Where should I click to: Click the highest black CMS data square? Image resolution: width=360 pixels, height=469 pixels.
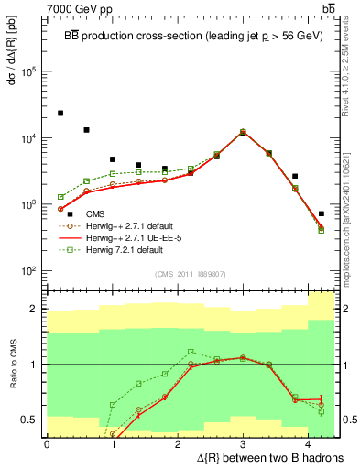(x=60, y=114)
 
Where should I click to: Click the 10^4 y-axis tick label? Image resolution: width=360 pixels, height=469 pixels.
(x=29, y=138)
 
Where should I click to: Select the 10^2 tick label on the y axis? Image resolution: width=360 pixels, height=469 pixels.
(x=29, y=271)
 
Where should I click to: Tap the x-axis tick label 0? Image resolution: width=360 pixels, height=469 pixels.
(x=47, y=443)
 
